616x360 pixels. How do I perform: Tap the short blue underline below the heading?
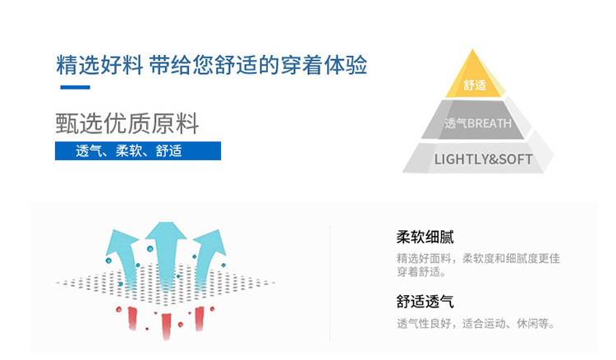73,87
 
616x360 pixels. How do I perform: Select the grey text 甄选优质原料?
127,123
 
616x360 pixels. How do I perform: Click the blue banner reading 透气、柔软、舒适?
138,151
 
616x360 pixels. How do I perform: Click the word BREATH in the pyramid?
490,123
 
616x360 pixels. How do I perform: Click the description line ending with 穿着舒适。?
422,272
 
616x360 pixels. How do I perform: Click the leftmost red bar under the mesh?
131,317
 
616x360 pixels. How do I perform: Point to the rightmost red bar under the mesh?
200,317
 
